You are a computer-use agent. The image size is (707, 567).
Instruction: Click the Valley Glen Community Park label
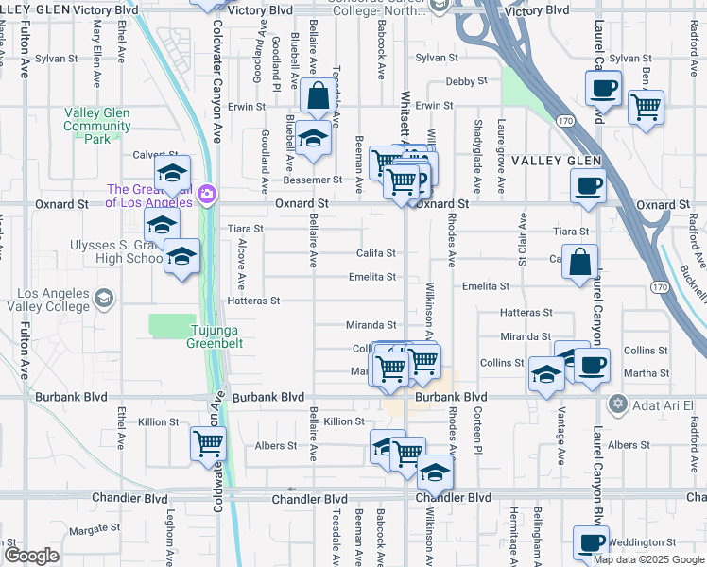click(x=97, y=126)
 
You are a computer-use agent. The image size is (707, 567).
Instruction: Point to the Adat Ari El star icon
click(x=619, y=404)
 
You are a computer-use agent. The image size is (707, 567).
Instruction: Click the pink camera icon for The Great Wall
click(x=208, y=196)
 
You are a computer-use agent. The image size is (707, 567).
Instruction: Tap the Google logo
click(x=31, y=556)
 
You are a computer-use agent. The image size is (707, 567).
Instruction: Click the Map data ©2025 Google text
click(x=648, y=559)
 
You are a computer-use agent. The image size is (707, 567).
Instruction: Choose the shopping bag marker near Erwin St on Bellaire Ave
click(x=318, y=95)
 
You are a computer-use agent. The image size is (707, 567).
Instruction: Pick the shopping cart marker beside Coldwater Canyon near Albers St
click(x=208, y=442)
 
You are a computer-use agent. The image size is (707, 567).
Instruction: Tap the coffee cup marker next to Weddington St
click(x=591, y=543)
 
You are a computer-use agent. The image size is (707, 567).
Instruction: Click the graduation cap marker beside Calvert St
click(x=172, y=173)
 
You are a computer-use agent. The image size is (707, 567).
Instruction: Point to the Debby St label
click(x=465, y=82)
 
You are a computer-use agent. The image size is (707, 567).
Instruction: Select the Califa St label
click(x=375, y=253)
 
